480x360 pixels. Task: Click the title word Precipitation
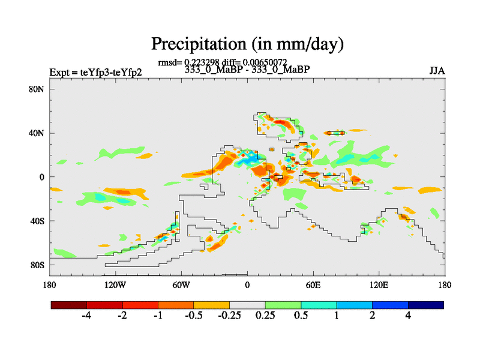tap(196, 44)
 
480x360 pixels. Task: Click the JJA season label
tap(437, 71)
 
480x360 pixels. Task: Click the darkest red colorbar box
tap(69, 305)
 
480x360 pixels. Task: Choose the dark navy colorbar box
tap(426, 305)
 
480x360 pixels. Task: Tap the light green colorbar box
tap(283, 305)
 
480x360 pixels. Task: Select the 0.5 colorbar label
tap(301, 316)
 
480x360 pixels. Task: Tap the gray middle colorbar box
tap(247, 305)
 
